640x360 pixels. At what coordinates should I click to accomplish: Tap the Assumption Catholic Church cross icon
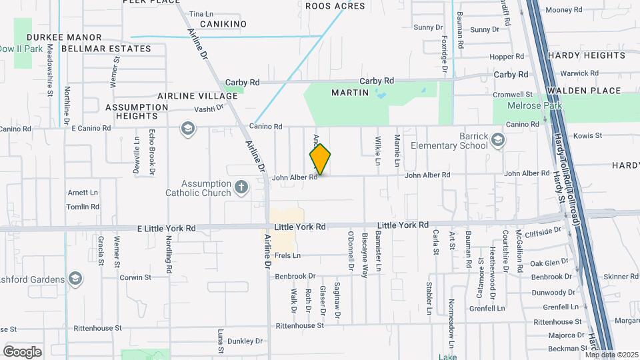coord(241,188)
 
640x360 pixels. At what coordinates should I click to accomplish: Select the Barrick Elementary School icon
coord(499,140)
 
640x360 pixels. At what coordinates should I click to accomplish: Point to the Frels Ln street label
coord(287,255)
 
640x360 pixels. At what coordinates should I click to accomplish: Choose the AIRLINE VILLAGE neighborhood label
coord(197,96)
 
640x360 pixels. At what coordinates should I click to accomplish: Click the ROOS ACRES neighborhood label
coord(335,6)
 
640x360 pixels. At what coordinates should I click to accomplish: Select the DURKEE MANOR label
coord(64,37)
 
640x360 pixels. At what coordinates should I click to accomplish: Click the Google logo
coord(22,351)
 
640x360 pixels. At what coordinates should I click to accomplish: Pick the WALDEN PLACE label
coord(583,91)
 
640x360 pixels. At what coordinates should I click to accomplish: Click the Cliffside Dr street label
coord(543,232)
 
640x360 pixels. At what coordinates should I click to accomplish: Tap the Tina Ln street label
coord(201,13)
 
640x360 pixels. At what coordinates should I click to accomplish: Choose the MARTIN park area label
coord(350,93)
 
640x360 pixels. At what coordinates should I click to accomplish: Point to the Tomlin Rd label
coord(83,207)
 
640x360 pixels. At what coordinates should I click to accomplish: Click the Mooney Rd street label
coord(564,10)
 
